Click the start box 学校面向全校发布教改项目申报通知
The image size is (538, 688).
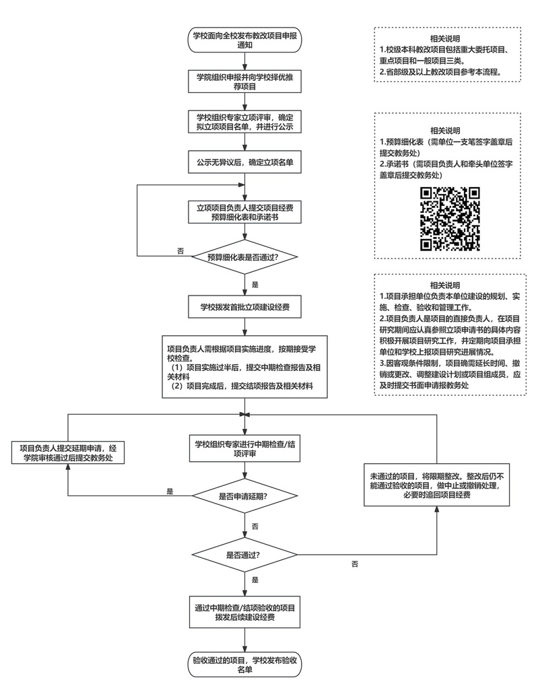click(x=244, y=40)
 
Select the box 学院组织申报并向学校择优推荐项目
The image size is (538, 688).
click(x=244, y=81)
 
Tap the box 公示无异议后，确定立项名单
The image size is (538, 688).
click(x=244, y=162)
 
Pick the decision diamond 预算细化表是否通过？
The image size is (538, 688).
click(x=244, y=256)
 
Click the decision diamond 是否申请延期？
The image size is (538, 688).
click(x=244, y=496)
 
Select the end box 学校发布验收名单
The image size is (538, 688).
click(x=244, y=664)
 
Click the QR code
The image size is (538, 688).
click(x=449, y=219)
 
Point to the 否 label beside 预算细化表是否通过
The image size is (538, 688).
click(x=180, y=250)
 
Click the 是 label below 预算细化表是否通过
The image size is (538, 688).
click(x=255, y=285)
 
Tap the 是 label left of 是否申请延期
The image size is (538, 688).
click(x=170, y=491)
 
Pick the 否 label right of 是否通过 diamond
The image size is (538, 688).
click(x=355, y=563)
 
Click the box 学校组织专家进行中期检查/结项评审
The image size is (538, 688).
click(x=244, y=448)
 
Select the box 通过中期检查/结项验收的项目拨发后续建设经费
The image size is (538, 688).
click(x=244, y=612)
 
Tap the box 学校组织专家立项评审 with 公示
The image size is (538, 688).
click(x=244, y=122)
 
